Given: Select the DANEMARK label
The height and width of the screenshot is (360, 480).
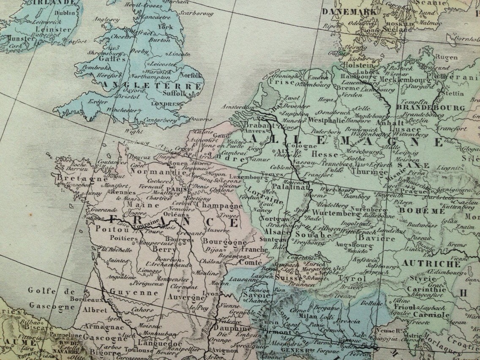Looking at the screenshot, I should (x=349, y=11).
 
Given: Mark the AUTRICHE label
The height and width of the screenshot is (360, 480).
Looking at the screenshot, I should (x=431, y=264).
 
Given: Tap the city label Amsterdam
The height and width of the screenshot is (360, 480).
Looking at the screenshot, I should (x=238, y=106).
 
